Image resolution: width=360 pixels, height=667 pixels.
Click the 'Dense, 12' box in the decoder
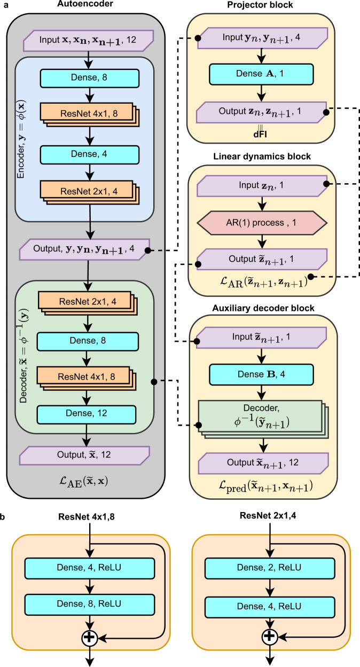86,414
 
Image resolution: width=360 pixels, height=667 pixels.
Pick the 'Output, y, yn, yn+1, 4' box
86,250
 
